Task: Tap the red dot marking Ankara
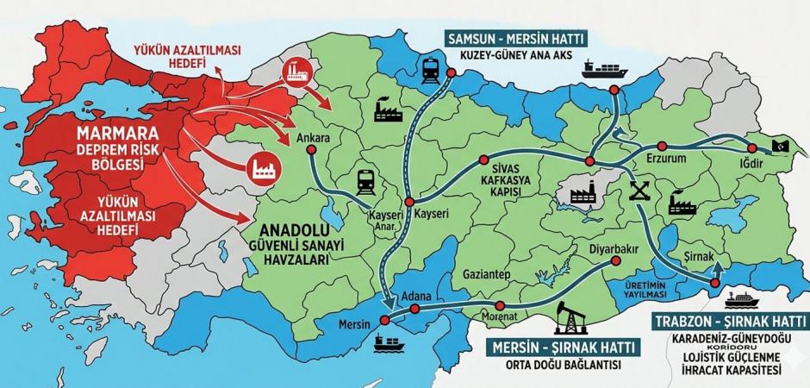pos(311,149)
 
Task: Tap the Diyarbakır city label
pos(613,247)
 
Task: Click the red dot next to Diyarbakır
pos(615,260)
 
